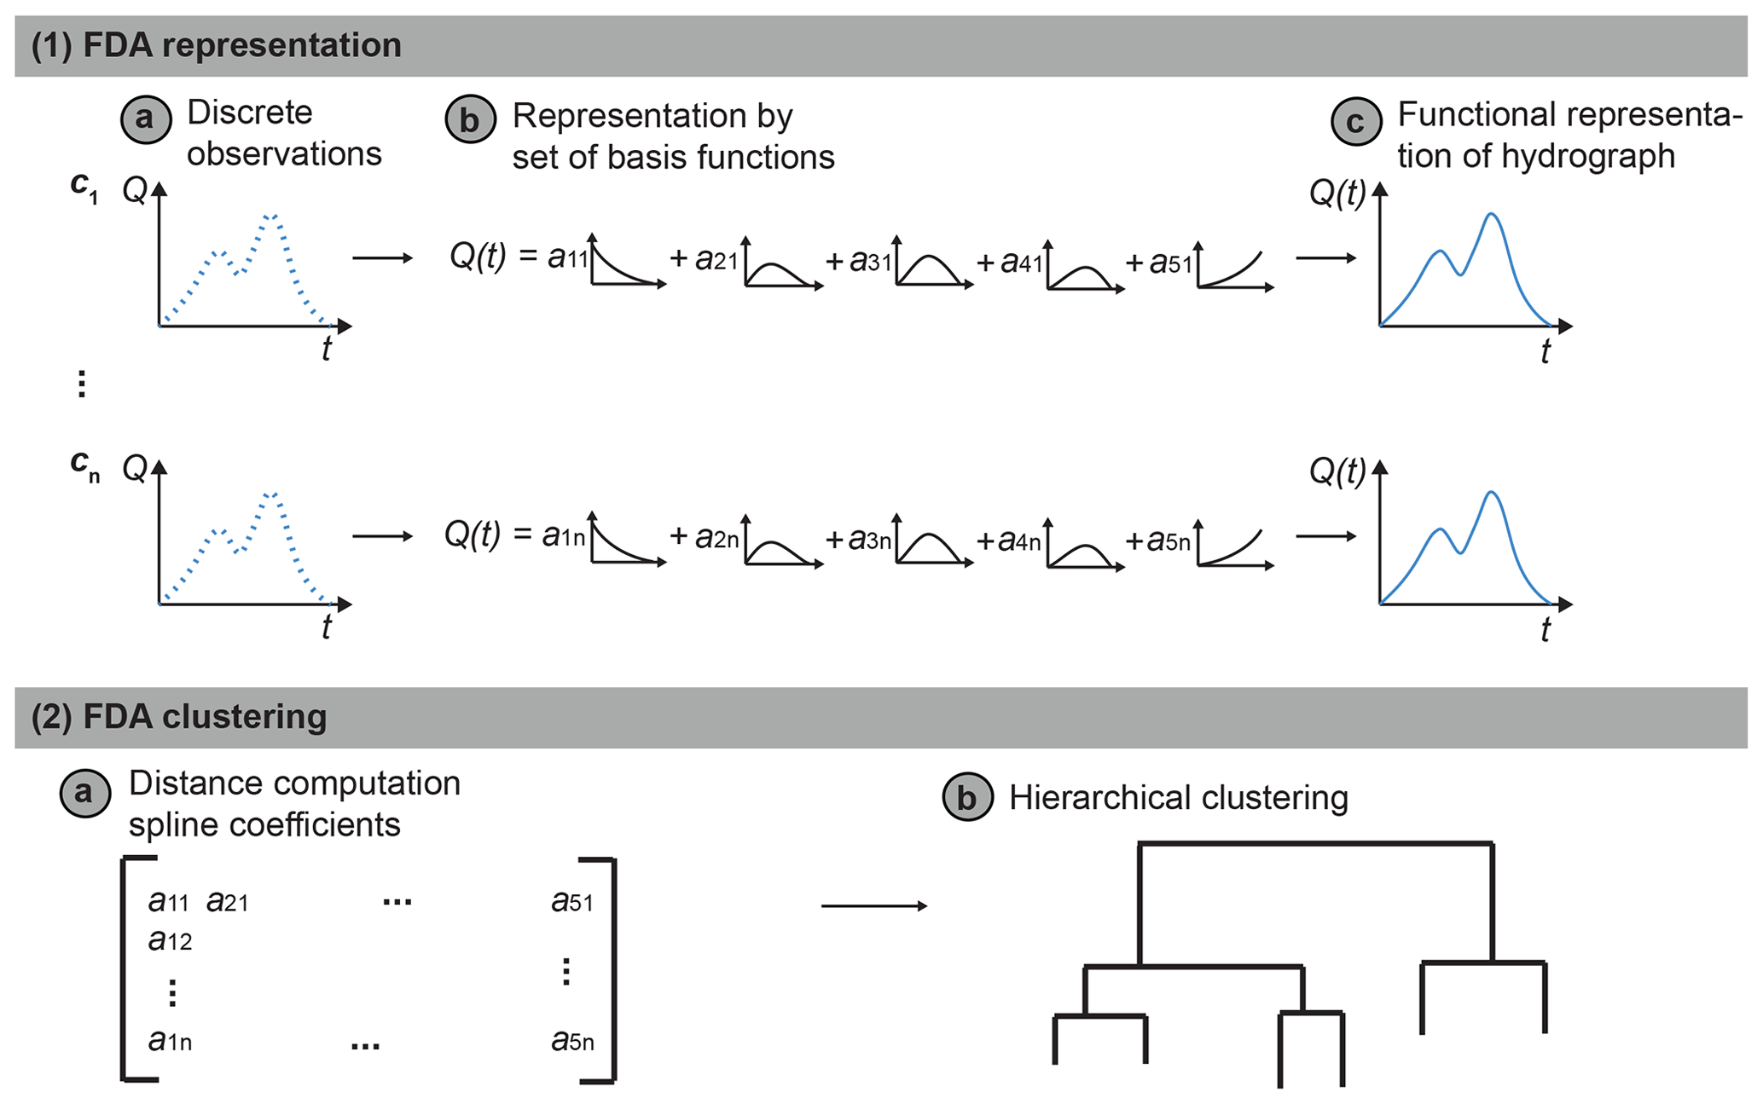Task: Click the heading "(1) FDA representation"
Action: click(216, 45)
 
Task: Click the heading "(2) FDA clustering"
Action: click(179, 717)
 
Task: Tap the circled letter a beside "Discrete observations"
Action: click(146, 118)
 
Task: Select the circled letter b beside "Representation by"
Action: click(470, 119)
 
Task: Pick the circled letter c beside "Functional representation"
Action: click(1356, 121)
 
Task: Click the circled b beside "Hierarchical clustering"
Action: click(967, 798)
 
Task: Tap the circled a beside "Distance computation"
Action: click(84, 793)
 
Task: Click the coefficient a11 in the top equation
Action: click(567, 257)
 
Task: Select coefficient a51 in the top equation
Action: click(1170, 263)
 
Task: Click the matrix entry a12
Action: click(170, 940)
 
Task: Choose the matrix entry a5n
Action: click(572, 1041)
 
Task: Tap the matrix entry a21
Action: click(227, 901)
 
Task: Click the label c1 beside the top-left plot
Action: click(84, 186)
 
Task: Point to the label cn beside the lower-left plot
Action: click(84, 465)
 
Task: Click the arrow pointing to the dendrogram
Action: click(873, 905)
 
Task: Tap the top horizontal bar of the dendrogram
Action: click(1315, 844)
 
